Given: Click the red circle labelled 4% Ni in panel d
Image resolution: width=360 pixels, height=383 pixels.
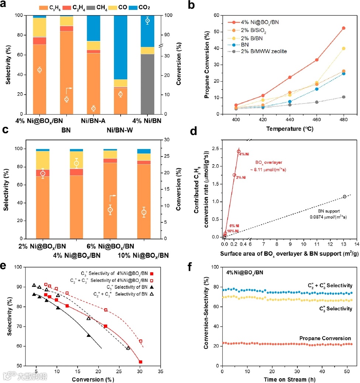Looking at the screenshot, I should tap(239, 151).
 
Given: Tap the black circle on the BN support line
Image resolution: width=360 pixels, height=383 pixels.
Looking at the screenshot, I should tap(345, 197).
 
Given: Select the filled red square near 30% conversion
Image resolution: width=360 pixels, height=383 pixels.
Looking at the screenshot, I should tap(141, 362).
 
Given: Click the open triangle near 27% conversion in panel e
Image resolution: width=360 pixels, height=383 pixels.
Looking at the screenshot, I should tap(128, 348).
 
